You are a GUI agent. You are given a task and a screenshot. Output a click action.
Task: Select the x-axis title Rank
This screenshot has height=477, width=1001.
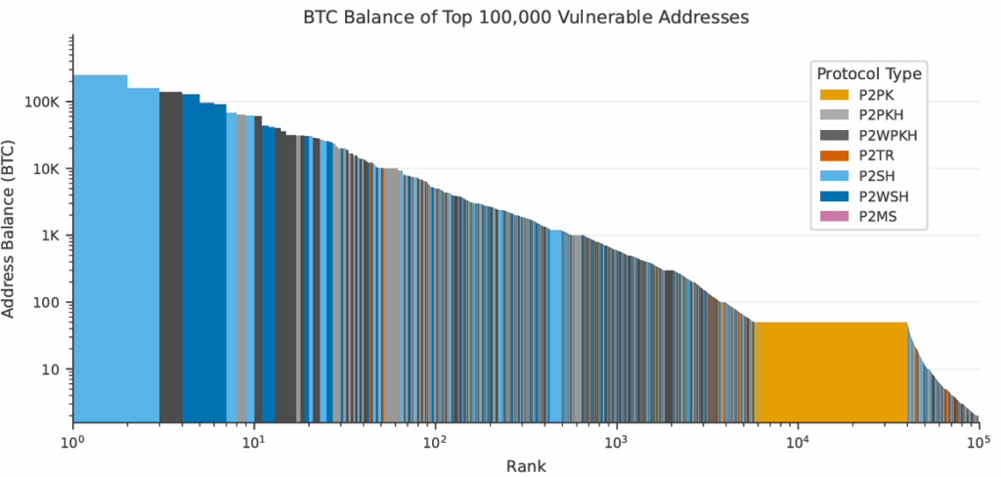(x=526, y=465)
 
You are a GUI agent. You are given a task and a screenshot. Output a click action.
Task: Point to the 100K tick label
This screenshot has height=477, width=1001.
(x=44, y=103)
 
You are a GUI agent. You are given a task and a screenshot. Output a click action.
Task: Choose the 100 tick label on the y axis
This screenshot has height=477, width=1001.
(x=49, y=302)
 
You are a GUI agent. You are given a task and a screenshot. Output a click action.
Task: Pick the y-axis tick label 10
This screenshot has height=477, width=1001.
(x=53, y=369)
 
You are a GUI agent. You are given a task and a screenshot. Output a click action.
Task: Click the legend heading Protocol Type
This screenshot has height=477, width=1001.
(x=869, y=74)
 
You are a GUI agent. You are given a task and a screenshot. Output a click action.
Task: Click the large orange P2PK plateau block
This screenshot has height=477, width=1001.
(x=831, y=371)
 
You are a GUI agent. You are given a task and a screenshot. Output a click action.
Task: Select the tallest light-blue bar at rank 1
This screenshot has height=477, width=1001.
(x=100, y=244)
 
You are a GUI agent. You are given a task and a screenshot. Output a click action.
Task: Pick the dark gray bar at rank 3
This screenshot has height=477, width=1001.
(x=170, y=254)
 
